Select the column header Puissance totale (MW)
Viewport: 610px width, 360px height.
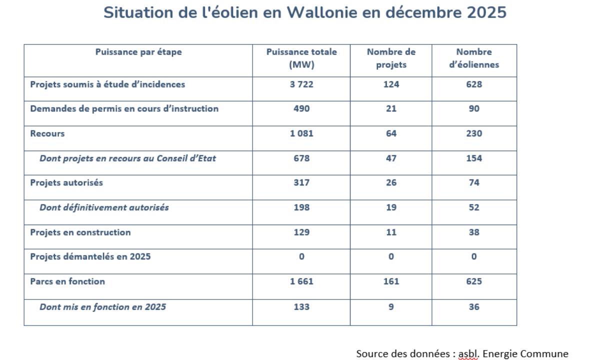pyautogui.click(x=301, y=58)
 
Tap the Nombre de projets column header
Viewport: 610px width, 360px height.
pyautogui.click(x=391, y=58)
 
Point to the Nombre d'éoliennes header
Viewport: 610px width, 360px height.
pyautogui.click(x=474, y=58)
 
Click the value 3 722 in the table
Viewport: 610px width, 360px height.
pyautogui.click(x=301, y=84)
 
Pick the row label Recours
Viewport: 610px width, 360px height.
pyautogui.click(x=47, y=133)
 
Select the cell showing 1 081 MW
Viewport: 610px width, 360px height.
pyautogui.click(x=301, y=133)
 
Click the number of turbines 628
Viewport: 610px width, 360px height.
pyautogui.click(x=474, y=84)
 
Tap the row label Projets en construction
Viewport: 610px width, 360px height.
pyautogui.click(x=80, y=232)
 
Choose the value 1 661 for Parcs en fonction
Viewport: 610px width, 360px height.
pyautogui.click(x=301, y=281)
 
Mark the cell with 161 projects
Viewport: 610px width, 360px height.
pyautogui.click(x=391, y=281)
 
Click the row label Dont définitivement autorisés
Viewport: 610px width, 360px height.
pyautogui.click(x=104, y=207)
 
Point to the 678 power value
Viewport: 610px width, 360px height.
pyautogui.click(x=301, y=158)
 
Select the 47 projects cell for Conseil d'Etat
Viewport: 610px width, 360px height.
pyautogui.click(x=391, y=158)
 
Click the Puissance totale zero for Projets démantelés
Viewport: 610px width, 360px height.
pyautogui.click(x=301, y=257)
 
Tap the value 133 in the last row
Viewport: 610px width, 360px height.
pyautogui.click(x=301, y=307)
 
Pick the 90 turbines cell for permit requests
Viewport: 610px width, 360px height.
pyautogui.click(x=474, y=109)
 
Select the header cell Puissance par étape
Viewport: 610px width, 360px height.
pyautogui.click(x=138, y=52)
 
